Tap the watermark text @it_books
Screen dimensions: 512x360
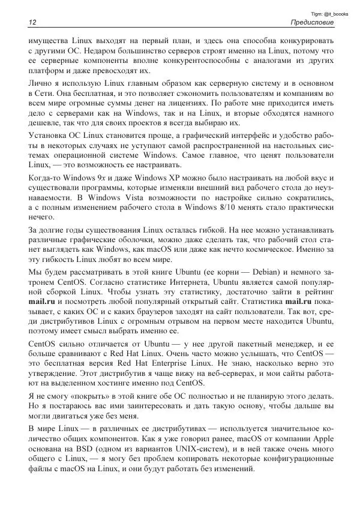point(337,13)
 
